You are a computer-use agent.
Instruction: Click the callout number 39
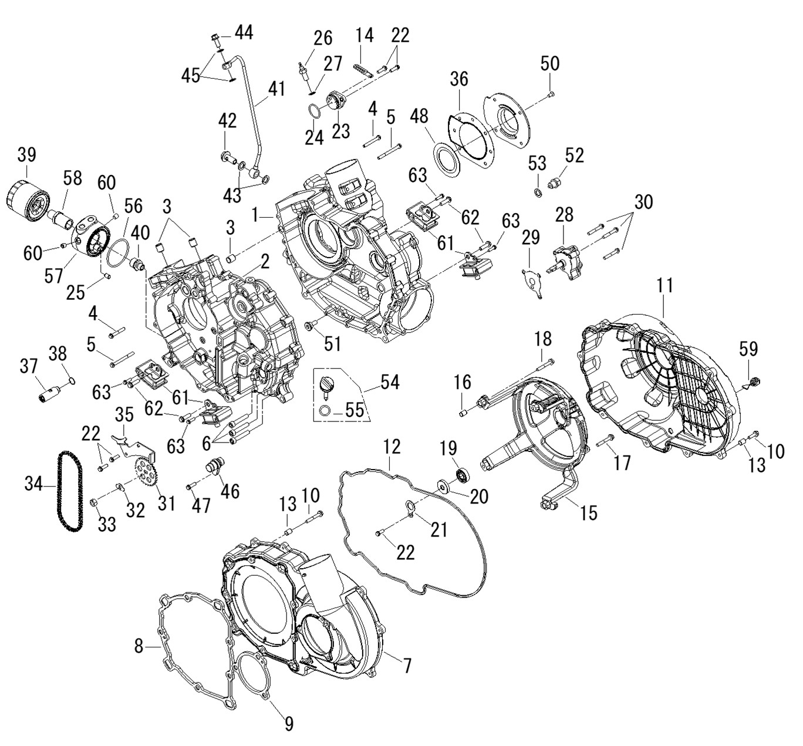[x=26, y=155]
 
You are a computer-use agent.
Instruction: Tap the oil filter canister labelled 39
[x=27, y=199]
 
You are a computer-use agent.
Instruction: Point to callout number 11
[x=664, y=286]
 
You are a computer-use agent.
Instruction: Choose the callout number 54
[x=389, y=382]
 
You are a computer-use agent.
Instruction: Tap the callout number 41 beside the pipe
[x=276, y=90]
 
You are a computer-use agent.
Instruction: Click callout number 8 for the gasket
[x=139, y=646]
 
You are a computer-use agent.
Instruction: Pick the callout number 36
[x=459, y=79]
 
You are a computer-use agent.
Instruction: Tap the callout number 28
[x=564, y=214]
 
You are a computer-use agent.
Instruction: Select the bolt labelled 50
[x=551, y=93]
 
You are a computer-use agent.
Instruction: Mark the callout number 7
[x=407, y=666]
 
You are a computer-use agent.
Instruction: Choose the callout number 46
[x=230, y=491]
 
